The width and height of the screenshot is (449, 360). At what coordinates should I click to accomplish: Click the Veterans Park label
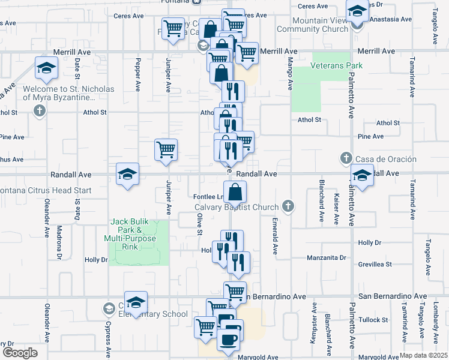tap(337, 65)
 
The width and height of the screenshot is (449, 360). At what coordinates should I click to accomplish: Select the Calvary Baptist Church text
tap(237, 208)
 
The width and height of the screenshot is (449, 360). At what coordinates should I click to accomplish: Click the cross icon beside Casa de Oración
tap(346, 158)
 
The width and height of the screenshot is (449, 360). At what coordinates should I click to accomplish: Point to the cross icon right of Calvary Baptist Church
tap(288, 207)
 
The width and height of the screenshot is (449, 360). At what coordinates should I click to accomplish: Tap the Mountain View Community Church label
tap(312, 25)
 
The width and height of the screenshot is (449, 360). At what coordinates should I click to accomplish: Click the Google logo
tap(20, 352)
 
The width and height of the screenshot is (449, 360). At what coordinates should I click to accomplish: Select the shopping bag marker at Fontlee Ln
tap(235, 193)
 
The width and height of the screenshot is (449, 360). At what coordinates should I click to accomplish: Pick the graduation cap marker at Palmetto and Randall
tap(362, 176)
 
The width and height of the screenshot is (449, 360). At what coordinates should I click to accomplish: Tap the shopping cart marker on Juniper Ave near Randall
tap(166, 150)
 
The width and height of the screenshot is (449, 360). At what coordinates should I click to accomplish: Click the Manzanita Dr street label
tap(327, 257)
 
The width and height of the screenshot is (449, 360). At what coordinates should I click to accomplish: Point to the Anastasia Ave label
tap(391, 19)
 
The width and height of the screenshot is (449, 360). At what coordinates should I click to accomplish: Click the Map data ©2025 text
tap(423, 355)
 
